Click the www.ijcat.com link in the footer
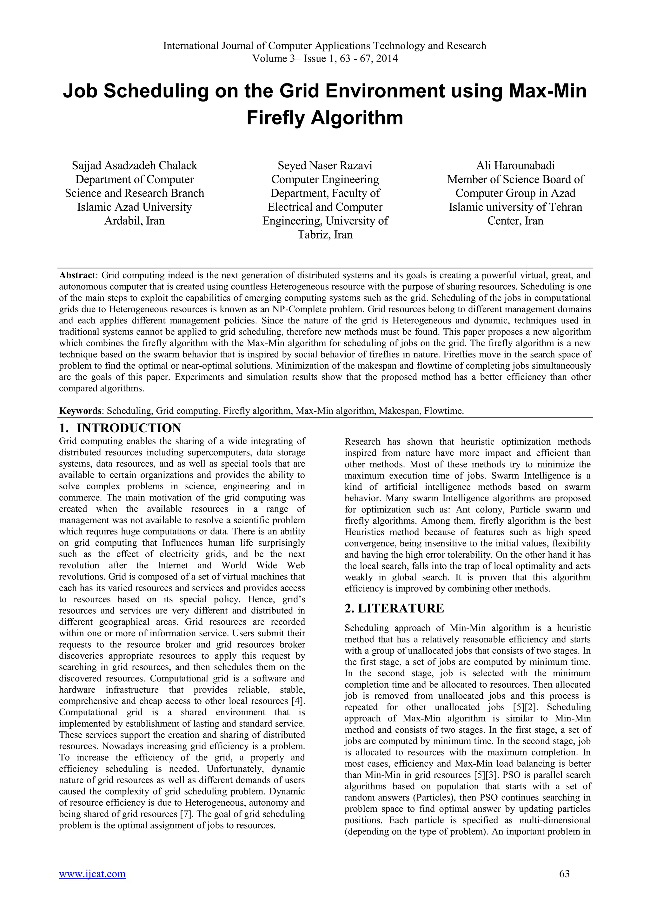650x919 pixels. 92,885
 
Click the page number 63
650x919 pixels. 564,885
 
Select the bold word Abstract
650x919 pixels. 77,275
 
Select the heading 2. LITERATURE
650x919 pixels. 394,608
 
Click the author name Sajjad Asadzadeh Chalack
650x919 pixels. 135,165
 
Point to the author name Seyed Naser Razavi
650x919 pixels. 325,165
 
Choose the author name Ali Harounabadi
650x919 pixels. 515,165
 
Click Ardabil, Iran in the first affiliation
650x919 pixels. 135,221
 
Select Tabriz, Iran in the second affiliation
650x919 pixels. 325,235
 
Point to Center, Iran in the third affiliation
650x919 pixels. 515,221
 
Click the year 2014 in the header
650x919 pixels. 387,58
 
